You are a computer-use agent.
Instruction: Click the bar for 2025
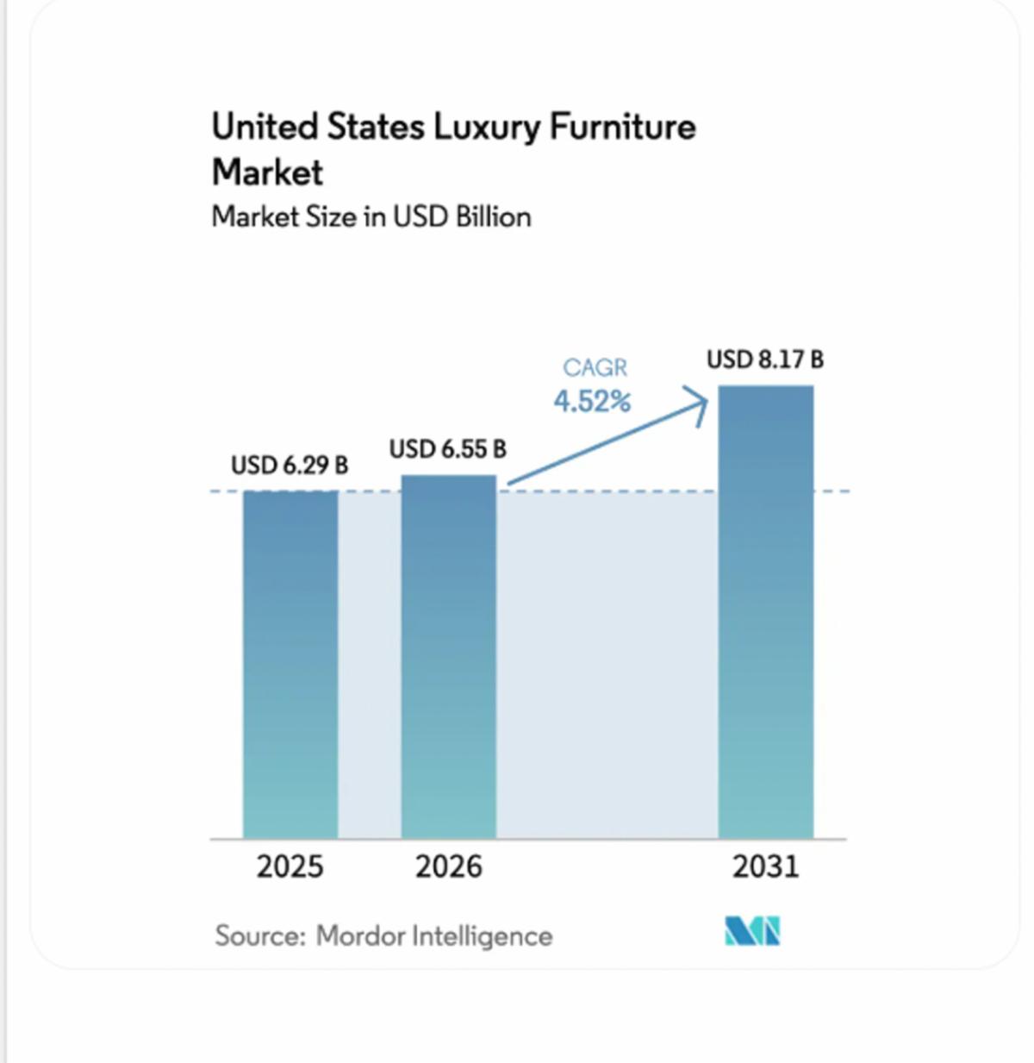[x=290, y=665]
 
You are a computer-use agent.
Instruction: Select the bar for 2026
[x=449, y=657]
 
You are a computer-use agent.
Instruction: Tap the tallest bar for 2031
[x=765, y=612]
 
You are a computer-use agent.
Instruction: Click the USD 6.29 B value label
[x=290, y=466]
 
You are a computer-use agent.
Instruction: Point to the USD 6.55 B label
[x=448, y=449]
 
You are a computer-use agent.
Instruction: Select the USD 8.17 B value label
[x=765, y=360]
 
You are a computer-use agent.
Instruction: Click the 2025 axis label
[x=290, y=867]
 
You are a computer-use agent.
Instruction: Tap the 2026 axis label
[x=449, y=867]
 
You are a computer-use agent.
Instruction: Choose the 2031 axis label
[x=765, y=867]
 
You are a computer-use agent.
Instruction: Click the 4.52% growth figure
[x=592, y=402]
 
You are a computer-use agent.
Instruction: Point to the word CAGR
[x=595, y=368]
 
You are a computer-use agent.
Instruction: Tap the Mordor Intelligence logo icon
[x=752, y=931]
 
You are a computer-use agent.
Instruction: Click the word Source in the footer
[x=260, y=935]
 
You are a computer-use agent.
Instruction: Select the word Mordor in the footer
[x=360, y=935]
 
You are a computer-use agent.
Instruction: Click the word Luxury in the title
[x=487, y=128]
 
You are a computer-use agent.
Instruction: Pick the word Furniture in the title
[x=623, y=127]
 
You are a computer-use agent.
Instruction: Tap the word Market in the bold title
[x=267, y=172]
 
